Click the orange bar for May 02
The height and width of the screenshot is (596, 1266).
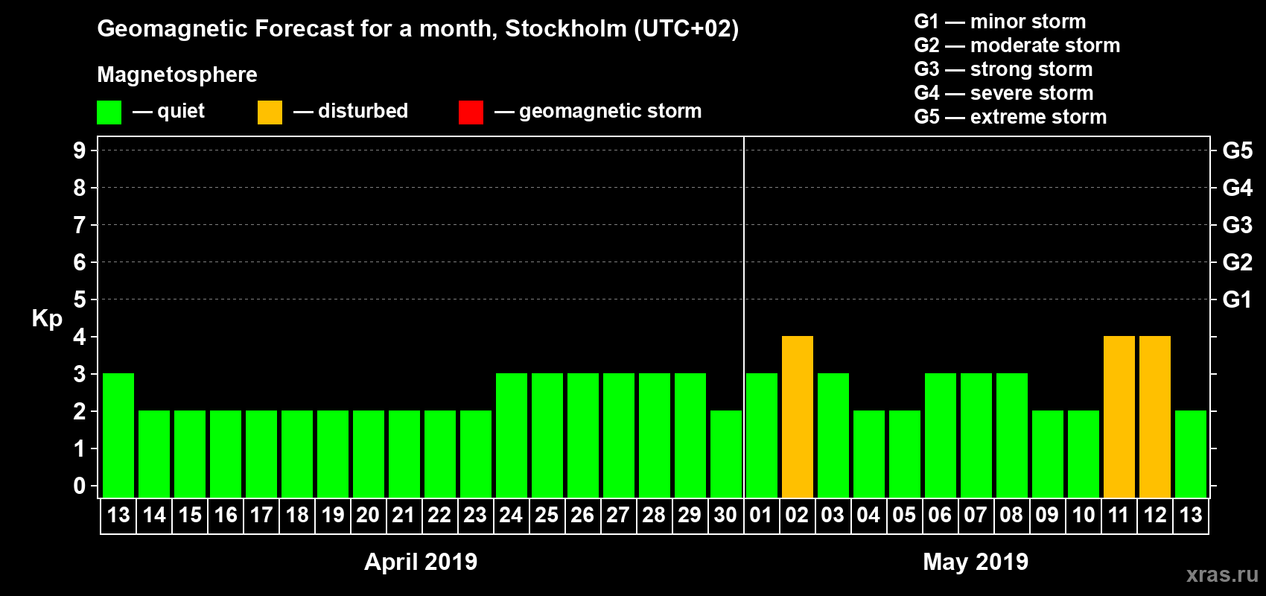pyautogui.click(x=797, y=417)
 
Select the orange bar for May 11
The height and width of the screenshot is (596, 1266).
pyautogui.click(x=1119, y=417)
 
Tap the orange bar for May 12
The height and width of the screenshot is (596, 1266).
pyautogui.click(x=1154, y=417)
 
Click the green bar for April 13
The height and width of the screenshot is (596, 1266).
pyautogui.click(x=118, y=436)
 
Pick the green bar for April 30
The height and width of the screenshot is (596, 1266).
pyautogui.click(x=725, y=454)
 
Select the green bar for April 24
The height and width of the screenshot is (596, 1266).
pyautogui.click(x=511, y=436)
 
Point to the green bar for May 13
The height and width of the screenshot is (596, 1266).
pyautogui.click(x=1190, y=454)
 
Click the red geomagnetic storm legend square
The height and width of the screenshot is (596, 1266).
pyautogui.click(x=471, y=112)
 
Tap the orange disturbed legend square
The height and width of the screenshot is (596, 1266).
pyautogui.click(x=270, y=112)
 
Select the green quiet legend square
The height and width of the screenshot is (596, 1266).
pyautogui.click(x=109, y=112)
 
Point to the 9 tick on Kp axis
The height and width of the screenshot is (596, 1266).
pyautogui.click(x=80, y=150)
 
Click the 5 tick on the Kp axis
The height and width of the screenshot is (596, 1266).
pyautogui.click(x=80, y=299)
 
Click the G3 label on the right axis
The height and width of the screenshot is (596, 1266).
pyautogui.click(x=1237, y=225)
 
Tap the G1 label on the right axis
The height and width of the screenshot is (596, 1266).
pyautogui.click(x=1237, y=299)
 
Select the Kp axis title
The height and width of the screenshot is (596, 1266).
pyautogui.click(x=47, y=319)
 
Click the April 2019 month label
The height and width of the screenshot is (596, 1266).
pyautogui.click(x=421, y=562)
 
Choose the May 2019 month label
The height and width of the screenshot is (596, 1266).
pyautogui.click(x=976, y=562)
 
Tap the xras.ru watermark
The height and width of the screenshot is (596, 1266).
pyautogui.click(x=1222, y=574)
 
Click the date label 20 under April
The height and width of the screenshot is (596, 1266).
pyautogui.click(x=368, y=515)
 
